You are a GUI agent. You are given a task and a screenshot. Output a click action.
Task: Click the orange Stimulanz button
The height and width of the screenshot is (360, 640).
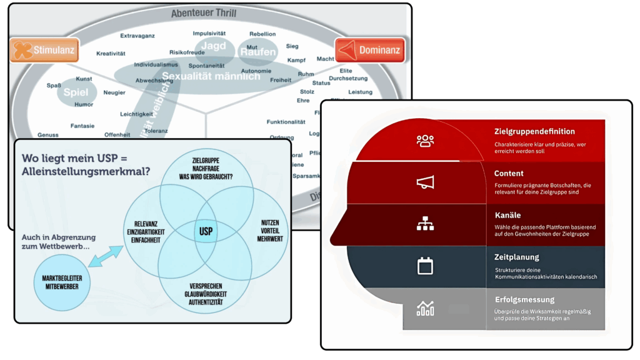pyautogui.click(x=44, y=51)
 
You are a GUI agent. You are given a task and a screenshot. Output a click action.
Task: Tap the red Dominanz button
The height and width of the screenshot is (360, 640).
pyautogui.click(x=369, y=50)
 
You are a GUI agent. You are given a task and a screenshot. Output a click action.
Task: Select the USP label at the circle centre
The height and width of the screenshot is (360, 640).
pyautogui.click(x=206, y=231)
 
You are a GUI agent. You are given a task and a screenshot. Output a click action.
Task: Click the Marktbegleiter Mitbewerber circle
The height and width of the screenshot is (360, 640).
pyautogui.click(x=61, y=283)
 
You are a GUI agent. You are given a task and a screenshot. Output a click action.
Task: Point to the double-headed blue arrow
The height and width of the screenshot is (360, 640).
pyautogui.click(x=107, y=256)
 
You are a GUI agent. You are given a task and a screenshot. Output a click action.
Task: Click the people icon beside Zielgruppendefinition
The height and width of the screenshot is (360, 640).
pyautogui.click(x=425, y=140)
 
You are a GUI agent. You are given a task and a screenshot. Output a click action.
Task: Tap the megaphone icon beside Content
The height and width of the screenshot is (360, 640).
pyautogui.click(x=425, y=182)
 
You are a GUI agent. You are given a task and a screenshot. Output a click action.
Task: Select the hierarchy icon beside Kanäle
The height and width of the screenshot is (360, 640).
pyautogui.click(x=425, y=224)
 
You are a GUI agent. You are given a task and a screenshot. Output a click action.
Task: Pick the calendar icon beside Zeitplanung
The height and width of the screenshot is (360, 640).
pyautogui.click(x=425, y=266)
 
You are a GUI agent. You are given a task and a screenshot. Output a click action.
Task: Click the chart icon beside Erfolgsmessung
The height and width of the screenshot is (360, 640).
pyautogui.click(x=425, y=308)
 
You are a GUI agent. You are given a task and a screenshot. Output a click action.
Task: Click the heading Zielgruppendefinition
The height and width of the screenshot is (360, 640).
pyautogui.click(x=534, y=132)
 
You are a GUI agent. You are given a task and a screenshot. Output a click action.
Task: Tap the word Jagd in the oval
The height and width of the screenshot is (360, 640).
pyautogui.click(x=213, y=46)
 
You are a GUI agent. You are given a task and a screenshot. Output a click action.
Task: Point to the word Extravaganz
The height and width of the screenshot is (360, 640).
pyautogui.click(x=137, y=36)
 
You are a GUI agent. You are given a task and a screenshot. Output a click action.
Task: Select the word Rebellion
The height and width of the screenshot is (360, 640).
pyautogui.click(x=262, y=34)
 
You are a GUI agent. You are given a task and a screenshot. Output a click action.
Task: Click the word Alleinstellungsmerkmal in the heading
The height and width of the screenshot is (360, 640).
pyautogui.click(x=86, y=171)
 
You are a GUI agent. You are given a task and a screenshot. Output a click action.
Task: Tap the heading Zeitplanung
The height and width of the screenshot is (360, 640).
pyautogui.click(x=516, y=257)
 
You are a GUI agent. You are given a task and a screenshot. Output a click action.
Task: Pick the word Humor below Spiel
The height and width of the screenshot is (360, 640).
pyautogui.click(x=84, y=105)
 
